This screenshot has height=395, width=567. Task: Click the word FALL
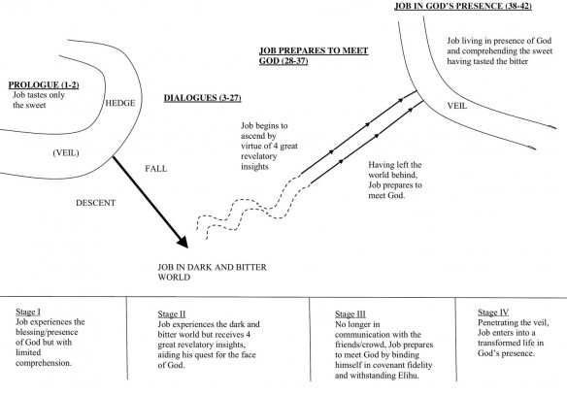click(157, 168)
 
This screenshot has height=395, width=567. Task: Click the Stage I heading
click(32, 313)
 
